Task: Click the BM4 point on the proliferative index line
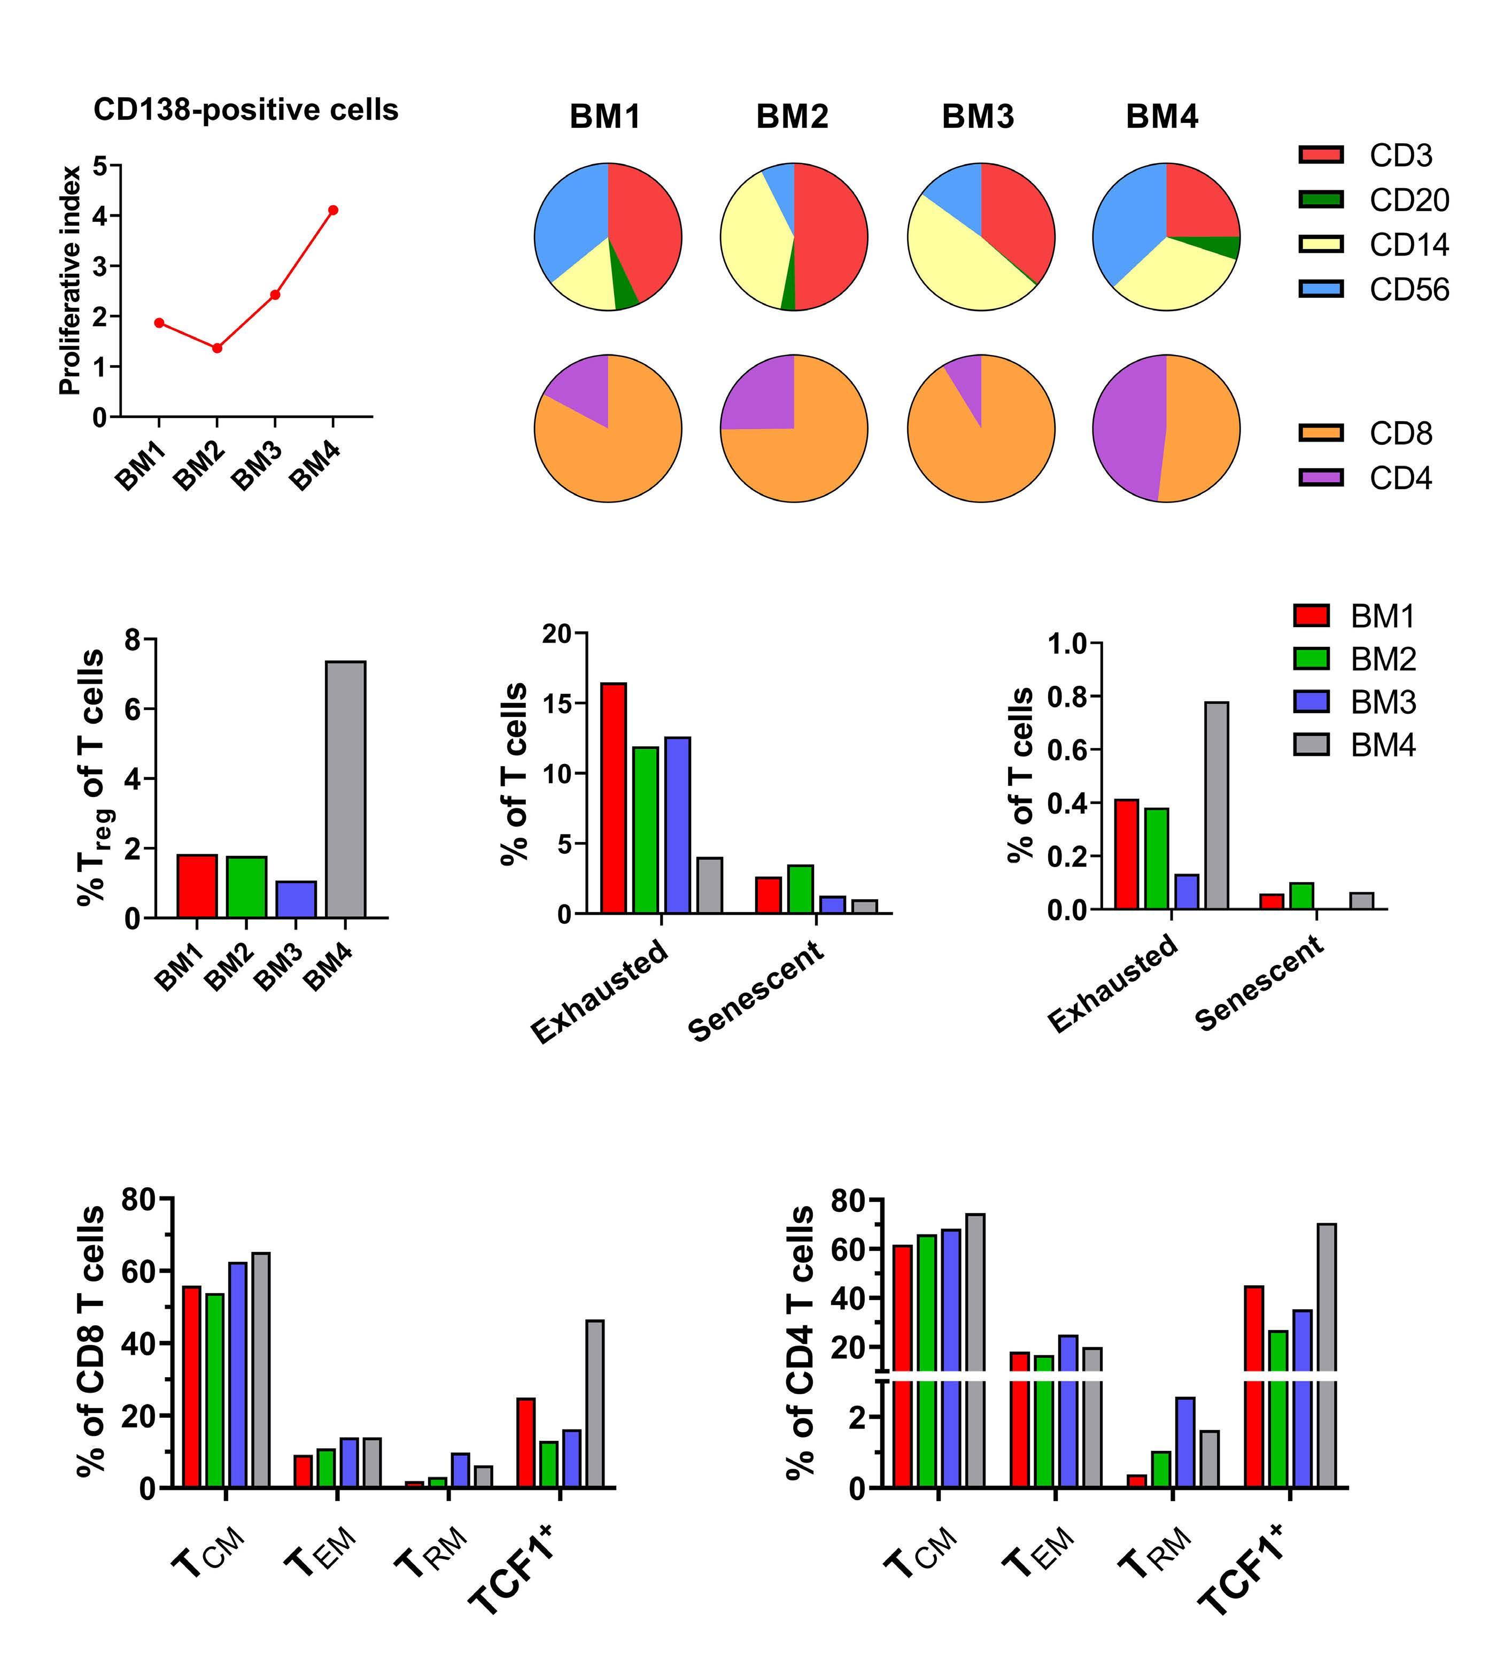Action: pyautogui.click(x=333, y=210)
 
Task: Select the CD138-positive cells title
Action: pyautogui.click(x=246, y=110)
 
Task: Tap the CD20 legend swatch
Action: pyautogui.click(x=1321, y=199)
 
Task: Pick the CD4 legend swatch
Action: pyautogui.click(x=1321, y=478)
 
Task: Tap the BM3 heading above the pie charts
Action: pyautogui.click(x=978, y=117)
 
